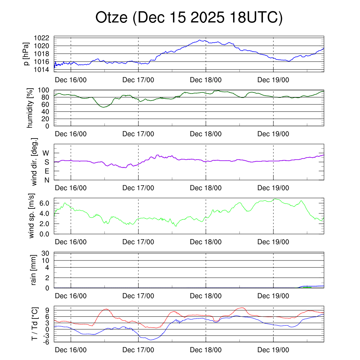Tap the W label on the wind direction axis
[46, 153]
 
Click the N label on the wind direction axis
[46, 180]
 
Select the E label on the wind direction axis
[46, 171]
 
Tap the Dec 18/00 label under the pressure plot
[206, 80]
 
